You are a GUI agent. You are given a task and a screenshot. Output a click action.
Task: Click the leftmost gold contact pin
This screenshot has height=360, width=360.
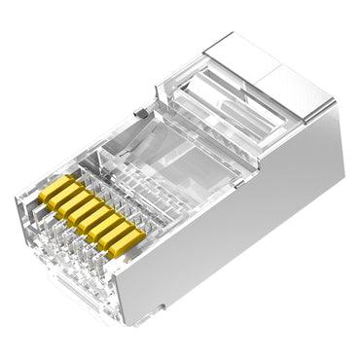coord(54,187)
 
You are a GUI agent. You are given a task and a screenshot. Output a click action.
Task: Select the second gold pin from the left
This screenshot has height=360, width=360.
coord(64,195)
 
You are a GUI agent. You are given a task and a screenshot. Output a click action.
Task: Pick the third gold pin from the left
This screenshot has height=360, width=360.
coord(74,202)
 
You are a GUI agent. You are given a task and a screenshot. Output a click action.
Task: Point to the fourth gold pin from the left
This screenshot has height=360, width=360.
coord(85,210)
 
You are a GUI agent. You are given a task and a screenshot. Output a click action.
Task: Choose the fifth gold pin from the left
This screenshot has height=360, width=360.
coord(94,218)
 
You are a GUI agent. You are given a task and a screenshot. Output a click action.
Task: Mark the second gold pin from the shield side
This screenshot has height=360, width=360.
coord(116,234)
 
